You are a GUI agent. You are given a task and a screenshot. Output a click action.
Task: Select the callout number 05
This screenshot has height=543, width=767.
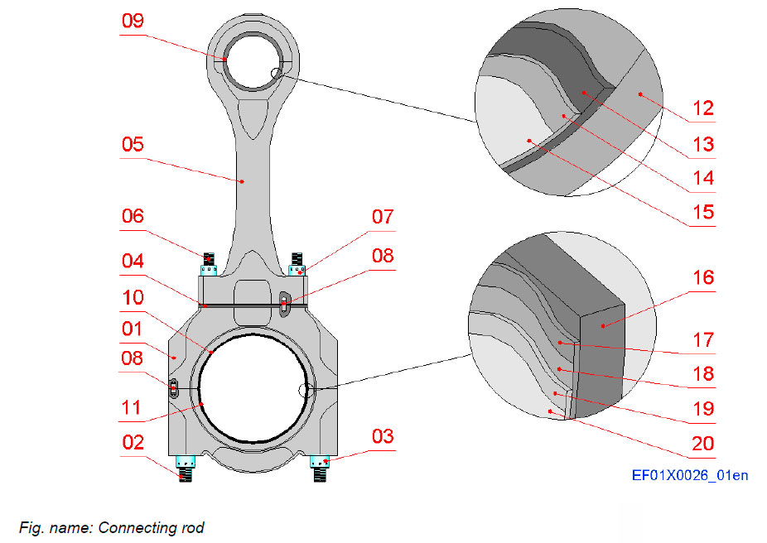(133, 144)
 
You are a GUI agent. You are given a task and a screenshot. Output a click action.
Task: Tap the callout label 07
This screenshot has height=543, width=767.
(382, 217)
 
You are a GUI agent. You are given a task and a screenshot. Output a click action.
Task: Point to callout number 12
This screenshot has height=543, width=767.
(702, 108)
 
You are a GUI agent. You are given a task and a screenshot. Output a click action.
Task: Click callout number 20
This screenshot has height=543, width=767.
(702, 444)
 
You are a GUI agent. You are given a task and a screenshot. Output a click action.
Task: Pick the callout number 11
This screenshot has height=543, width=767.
(133, 407)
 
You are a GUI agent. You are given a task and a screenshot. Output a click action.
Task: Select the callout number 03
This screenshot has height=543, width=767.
(382, 436)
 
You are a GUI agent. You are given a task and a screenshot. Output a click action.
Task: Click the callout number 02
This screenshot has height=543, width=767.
(133, 442)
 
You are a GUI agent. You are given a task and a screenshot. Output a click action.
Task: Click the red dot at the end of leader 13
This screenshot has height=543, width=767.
(583, 92)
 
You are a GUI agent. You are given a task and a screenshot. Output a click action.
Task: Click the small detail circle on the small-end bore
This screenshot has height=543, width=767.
(277, 75)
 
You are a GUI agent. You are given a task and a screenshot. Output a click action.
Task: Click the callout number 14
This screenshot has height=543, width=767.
(702, 177)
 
